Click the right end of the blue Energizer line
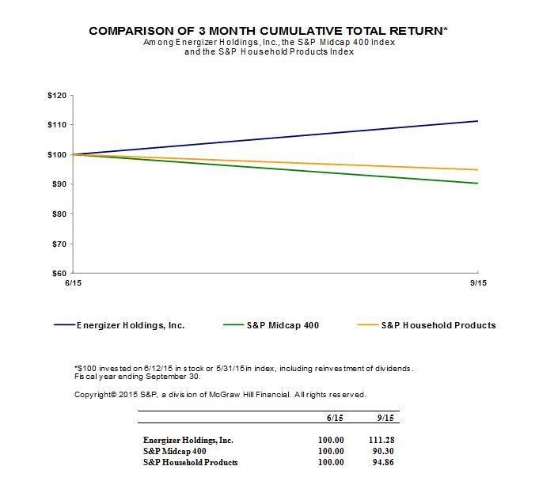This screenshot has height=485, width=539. click(x=477, y=121)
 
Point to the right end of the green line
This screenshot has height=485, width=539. click(x=477, y=184)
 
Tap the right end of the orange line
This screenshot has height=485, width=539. click(x=477, y=170)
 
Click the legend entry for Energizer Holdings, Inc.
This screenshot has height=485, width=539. click(x=130, y=325)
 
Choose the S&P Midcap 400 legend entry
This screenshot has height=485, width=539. click(x=281, y=325)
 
